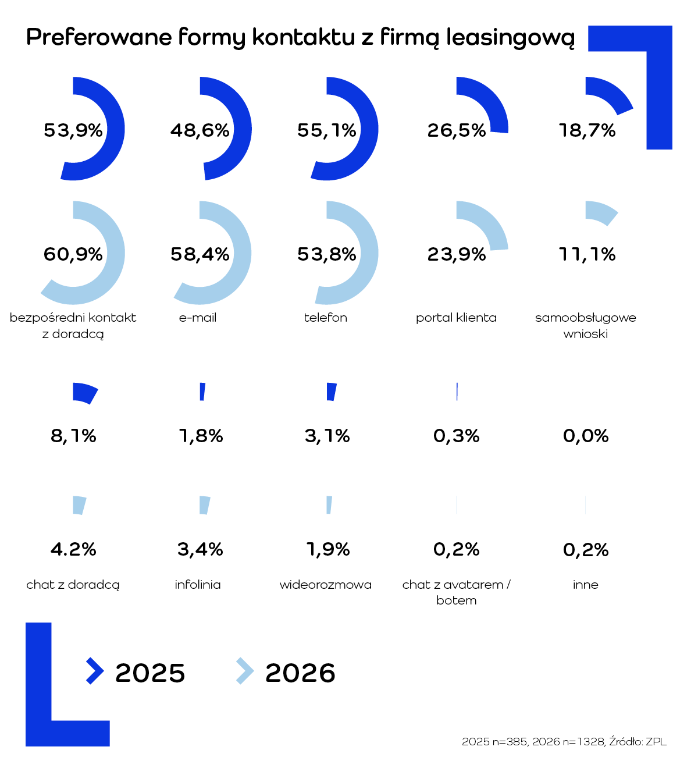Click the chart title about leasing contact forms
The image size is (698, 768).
[300, 38]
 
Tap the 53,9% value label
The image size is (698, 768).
[73, 130]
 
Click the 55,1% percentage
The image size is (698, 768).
[327, 130]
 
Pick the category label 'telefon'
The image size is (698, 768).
[325, 318]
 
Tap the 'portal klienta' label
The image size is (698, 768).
[456, 318]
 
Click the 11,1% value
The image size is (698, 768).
[587, 254]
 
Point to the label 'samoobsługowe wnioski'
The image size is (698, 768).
[586, 326]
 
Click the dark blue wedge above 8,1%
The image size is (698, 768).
[84, 393]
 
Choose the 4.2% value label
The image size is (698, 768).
[73, 549]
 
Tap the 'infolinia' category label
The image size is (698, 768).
[198, 585]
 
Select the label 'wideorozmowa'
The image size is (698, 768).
[325, 585]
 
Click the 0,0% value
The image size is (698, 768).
[586, 436]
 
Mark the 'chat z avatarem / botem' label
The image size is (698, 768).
[456, 592]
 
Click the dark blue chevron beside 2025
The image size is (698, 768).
[94, 671]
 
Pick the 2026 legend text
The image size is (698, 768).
[300, 673]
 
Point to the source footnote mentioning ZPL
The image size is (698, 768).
[564, 742]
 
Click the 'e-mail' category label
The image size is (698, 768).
[198, 318]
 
